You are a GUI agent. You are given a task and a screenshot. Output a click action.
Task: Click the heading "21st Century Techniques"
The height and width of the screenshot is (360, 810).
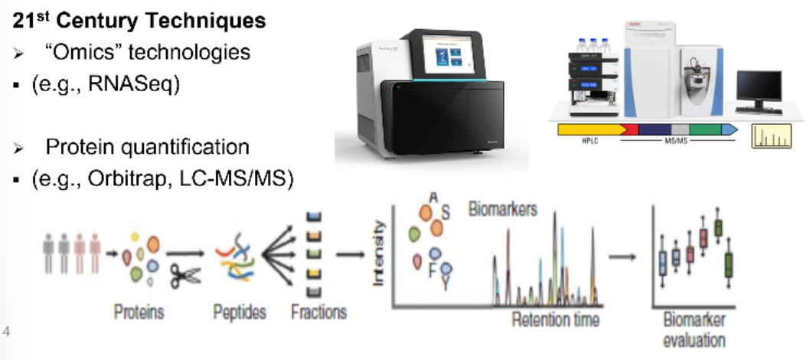(x=139, y=21)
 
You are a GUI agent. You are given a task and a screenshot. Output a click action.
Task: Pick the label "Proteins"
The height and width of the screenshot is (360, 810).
(x=139, y=313)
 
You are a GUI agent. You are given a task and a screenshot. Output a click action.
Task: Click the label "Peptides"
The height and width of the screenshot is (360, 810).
(x=240, y=313)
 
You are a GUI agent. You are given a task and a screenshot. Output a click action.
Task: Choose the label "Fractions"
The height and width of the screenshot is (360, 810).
(x=318, y=313)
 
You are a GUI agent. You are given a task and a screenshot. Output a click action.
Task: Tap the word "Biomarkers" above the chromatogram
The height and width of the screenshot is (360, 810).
(x=502, y=208)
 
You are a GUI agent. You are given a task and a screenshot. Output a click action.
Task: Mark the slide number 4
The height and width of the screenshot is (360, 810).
(x=7, y=332)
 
